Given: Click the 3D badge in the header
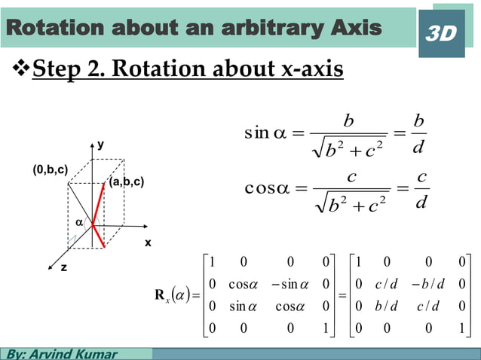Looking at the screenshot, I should pyautogui.click(x=441, y=33).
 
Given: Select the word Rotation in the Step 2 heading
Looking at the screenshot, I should pyautogui.click(x=157, y=69).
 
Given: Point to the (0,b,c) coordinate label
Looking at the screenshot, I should pyautogui.click(x=50, y=171).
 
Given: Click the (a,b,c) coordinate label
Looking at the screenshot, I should pyautogui.click(x=126, y=183).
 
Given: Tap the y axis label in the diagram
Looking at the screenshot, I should pyautogui.click(x=100, y=145).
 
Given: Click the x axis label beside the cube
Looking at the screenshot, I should pyautogui.click(x=148, y=243).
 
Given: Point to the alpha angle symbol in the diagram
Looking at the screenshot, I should pyautogui.click(x=79, y=222).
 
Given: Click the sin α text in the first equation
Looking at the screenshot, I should pyautogui.click(x=265, y=134).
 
